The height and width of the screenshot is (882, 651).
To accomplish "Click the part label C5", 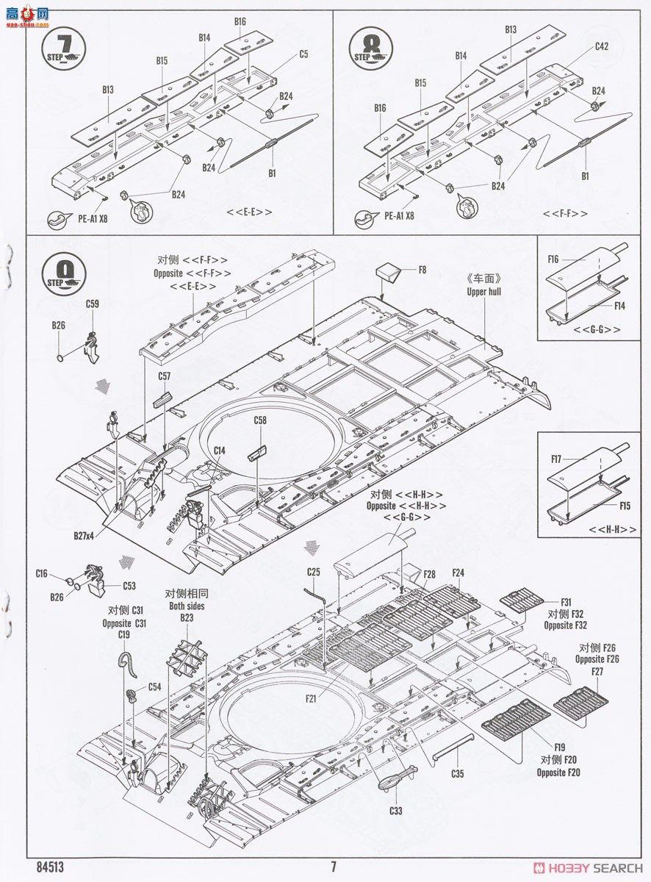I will [303, 54].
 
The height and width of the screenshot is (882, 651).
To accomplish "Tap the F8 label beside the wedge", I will [422, 270].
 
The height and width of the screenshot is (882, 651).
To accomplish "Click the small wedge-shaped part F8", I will [389, 272].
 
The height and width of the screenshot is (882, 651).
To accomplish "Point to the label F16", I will [553, 259].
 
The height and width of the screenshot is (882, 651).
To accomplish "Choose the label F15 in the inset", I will [625, 506].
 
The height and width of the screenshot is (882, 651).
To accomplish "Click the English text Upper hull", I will [484, 291].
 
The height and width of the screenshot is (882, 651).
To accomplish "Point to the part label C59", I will [92, 304].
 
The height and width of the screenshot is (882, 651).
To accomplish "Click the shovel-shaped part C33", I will [396, 778].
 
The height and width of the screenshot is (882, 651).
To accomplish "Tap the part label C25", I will [314, 571].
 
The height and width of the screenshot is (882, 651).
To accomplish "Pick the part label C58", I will [260, 420].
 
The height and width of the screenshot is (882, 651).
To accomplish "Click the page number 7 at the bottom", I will [333, 867].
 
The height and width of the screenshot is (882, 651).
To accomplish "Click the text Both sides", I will [186, 606].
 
